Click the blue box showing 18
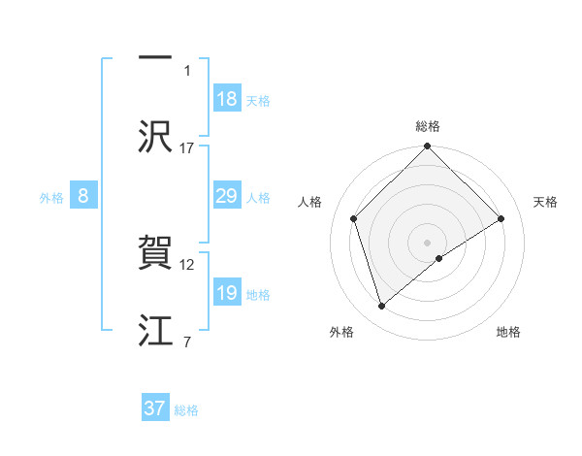[x=227, y=99]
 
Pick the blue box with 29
[x=227, y=197]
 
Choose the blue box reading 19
[x=227, y=294]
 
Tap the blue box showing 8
[x=83, y=197]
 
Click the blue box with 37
[x=155, y=408]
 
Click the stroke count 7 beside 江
[x=186, y=342]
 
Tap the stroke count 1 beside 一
[x=188, y=70]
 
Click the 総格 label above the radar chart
[x=428, y=126]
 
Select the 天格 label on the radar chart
[x=545, y=202]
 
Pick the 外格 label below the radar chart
[x=341, y=332]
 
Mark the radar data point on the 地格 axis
[x=439, y=258]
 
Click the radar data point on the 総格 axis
[x=428, y=147]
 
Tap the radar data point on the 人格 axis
[x=354, y=218]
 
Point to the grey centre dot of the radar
[x=428, y=242]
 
